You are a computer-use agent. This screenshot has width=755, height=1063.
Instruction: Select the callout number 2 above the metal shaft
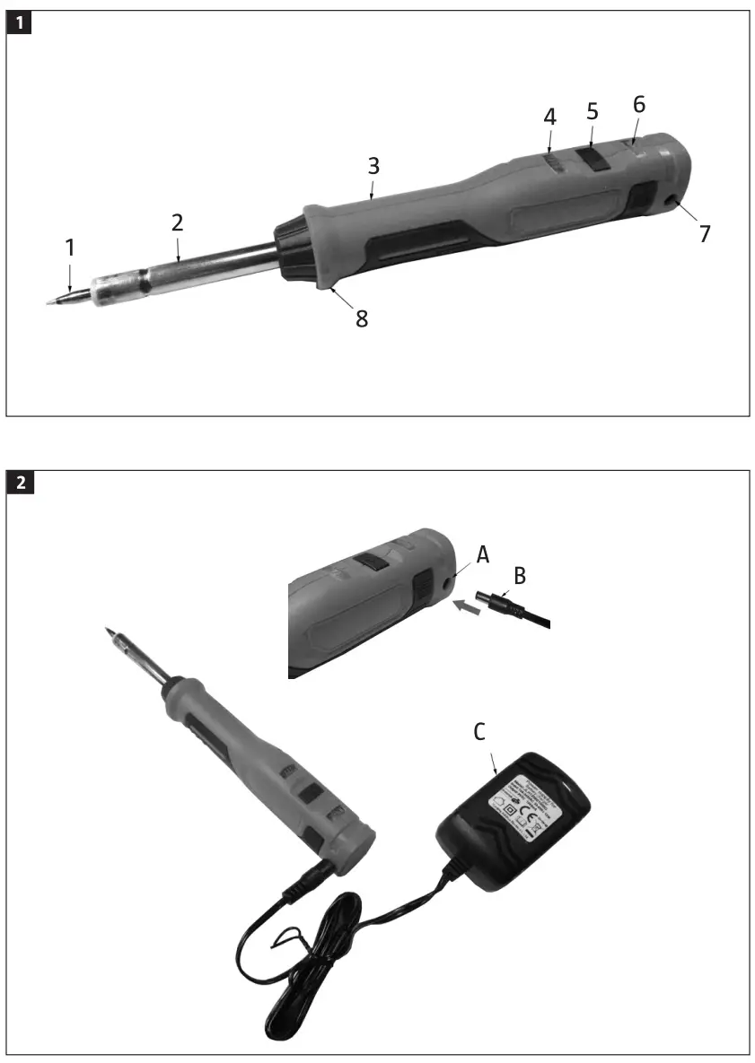click(178, 222)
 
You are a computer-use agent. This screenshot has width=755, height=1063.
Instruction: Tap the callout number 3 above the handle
click(373, 165)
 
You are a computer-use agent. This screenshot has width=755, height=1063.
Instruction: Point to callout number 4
click(549, 117)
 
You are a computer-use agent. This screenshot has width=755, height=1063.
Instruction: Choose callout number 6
click(638, 103)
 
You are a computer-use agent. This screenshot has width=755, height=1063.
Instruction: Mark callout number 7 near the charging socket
click(705, 234)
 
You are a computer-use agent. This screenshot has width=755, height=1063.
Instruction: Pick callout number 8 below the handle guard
click(362, 318)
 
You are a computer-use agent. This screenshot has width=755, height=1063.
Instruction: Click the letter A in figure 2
click(483, 555)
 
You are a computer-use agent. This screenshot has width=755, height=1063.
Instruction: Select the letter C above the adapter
click(479, 732)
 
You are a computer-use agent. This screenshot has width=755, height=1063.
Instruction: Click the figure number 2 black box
click(20, 483)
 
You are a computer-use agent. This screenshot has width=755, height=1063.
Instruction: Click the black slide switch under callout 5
click(593, 159)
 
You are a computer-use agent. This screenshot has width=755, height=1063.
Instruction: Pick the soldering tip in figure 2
click(114, 638)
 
